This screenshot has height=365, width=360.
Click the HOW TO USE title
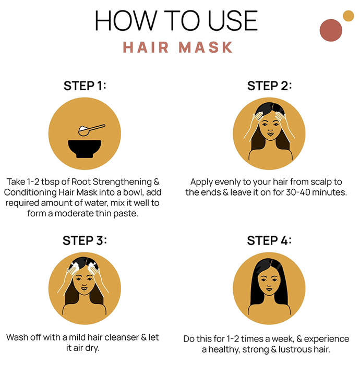(176, 20)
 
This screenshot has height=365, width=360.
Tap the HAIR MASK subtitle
(178, 47)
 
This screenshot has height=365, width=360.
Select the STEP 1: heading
(85, 86)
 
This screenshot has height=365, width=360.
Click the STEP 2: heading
(269, 86)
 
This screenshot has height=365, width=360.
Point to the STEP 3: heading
(85, 240)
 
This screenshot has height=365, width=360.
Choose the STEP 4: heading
(269, 240)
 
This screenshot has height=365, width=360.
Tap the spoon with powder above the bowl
(92, 130)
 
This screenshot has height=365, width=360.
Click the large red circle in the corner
(331, 30)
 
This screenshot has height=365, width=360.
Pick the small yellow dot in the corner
(349, 16)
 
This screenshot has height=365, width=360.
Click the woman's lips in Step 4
(269, 289)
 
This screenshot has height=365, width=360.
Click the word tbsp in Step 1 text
(50, 182)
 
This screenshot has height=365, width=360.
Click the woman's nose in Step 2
(270, 129)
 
